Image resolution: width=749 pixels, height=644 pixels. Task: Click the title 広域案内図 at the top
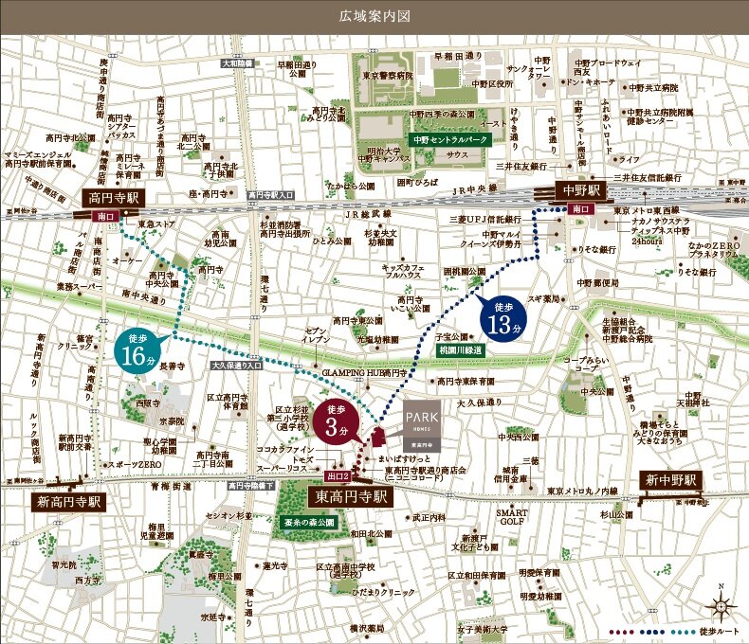pos(374,16)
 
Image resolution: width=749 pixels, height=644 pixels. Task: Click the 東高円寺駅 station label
pos(351,495)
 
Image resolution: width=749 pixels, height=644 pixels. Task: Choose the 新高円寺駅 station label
pos(69,499)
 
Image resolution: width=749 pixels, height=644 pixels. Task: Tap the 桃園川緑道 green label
pos(460,350)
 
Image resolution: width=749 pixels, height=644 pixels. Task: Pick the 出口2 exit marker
pos(338,475)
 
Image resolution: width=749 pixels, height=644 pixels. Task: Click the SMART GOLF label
pos(513,516)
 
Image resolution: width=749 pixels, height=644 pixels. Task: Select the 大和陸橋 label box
pos(238,63)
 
